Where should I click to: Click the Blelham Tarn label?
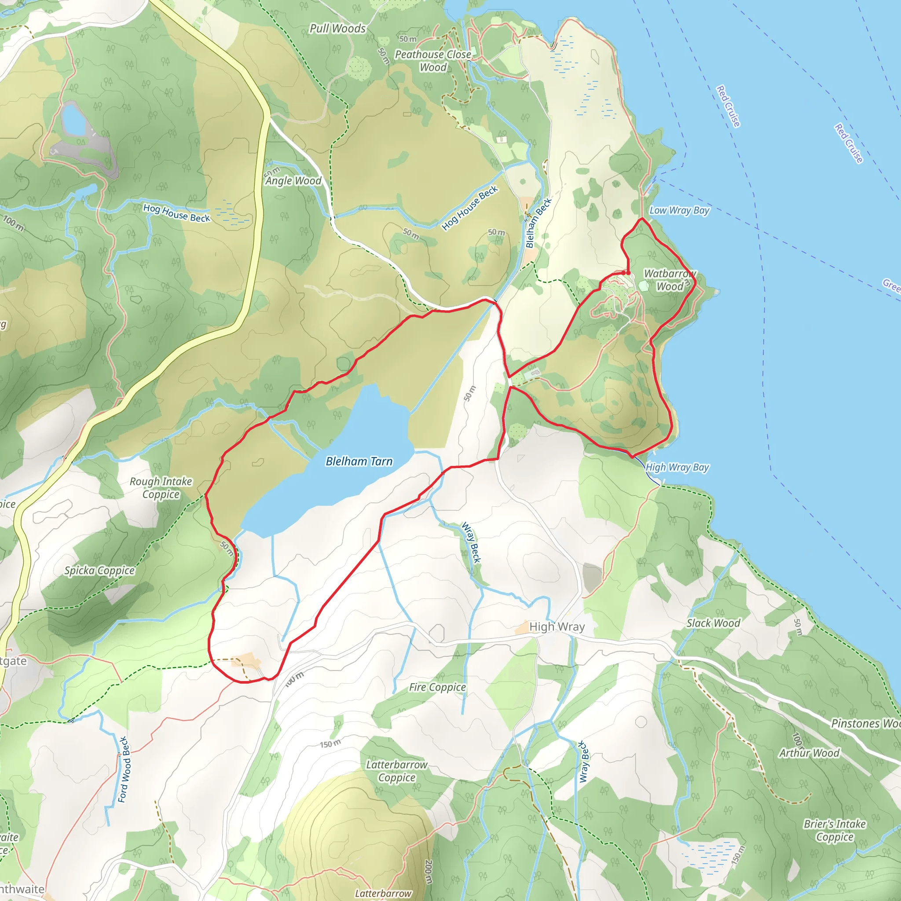point(359,461)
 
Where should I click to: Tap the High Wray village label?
point(557,627)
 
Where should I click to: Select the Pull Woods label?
point(337,29)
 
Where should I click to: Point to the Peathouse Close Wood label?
point(433,61)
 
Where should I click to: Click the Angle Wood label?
point(293,180)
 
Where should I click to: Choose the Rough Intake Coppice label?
point(161,487)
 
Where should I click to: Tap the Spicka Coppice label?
point(99,570)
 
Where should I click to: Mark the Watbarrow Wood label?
point(670,280)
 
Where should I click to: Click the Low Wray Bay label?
point(679,210)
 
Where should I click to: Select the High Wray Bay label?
point(677,467)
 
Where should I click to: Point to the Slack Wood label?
point(713,623)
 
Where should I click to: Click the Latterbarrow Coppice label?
point(396,771)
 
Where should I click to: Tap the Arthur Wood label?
point(809,753)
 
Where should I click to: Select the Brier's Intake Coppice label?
point(834,830)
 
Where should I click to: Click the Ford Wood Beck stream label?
point(123,769)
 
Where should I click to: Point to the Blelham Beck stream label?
point(538,223)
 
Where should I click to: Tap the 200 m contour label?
point(428,871)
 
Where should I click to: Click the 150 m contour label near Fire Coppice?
point(330,744)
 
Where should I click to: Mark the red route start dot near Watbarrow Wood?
point(628,273)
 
